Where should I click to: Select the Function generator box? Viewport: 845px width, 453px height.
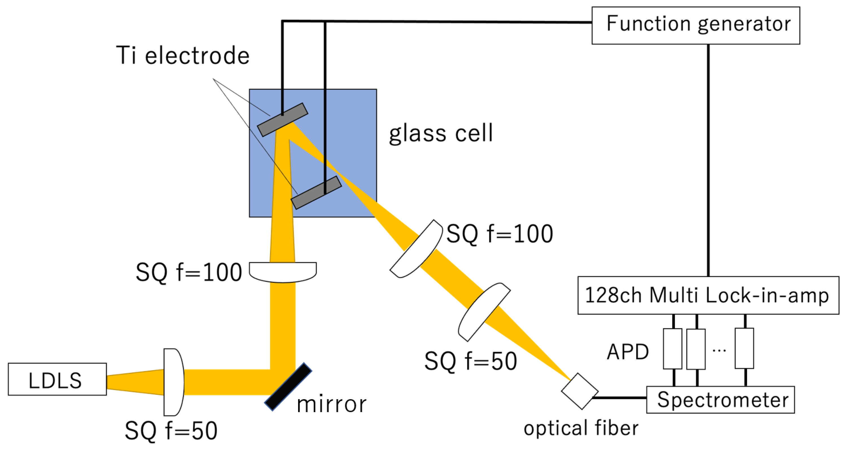coord(696,25)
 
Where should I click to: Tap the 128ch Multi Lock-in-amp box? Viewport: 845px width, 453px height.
coord(708,295)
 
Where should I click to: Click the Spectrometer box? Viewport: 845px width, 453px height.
coord(720,400)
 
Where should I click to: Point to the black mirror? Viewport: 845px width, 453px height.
coord(288,387)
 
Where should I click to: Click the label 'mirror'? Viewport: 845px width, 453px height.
coord(331,404)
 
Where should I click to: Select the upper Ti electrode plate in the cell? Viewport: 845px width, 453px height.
coord(283,120)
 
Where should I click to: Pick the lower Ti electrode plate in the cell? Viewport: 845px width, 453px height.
coord(316,193)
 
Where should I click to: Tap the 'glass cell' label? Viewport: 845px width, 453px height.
coord(441,133)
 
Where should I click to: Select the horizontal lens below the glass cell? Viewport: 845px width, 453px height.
coord(283,271)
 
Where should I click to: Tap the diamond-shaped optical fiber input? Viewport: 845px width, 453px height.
coord(580,391)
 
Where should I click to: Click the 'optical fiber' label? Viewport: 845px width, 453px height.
coord(581,428)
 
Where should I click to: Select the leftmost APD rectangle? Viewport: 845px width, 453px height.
coord(673,348)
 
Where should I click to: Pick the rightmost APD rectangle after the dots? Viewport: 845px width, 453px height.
coord(744,348)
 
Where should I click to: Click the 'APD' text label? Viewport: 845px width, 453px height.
coord(627,352)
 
